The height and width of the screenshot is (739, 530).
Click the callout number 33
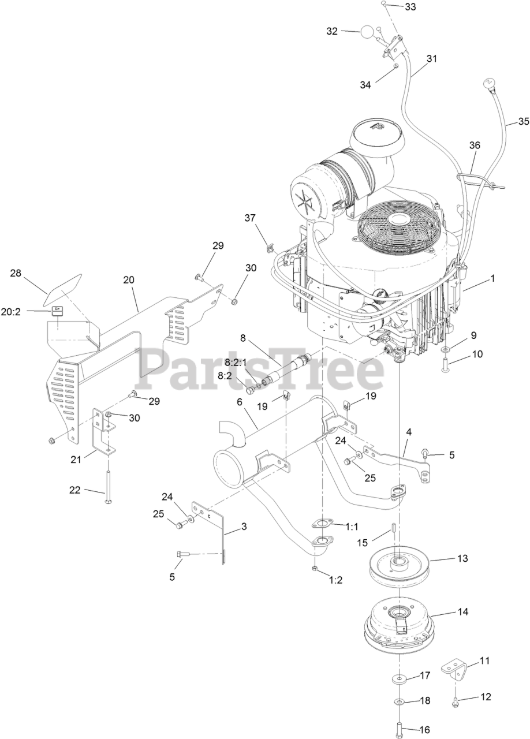[410, 7]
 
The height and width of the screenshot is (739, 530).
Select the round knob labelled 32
[368, 31]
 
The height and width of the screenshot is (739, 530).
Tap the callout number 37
[249, 218]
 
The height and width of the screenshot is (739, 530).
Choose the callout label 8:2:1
[236, 362]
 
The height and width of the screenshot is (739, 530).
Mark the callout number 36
[474, 146]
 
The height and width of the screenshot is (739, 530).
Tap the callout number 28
[16, 272]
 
